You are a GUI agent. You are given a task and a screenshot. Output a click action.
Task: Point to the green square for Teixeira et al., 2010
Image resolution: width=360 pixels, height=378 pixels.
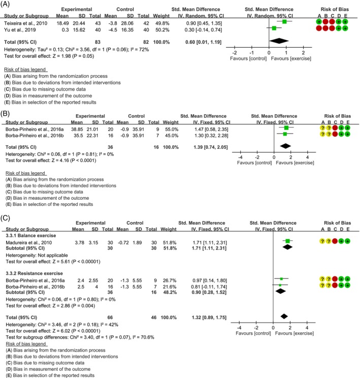click(284, 22)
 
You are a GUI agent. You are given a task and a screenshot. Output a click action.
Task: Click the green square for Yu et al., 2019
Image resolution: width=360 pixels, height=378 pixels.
click(274, 28)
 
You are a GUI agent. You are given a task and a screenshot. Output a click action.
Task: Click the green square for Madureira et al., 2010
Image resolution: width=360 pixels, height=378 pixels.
click(288, 241)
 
